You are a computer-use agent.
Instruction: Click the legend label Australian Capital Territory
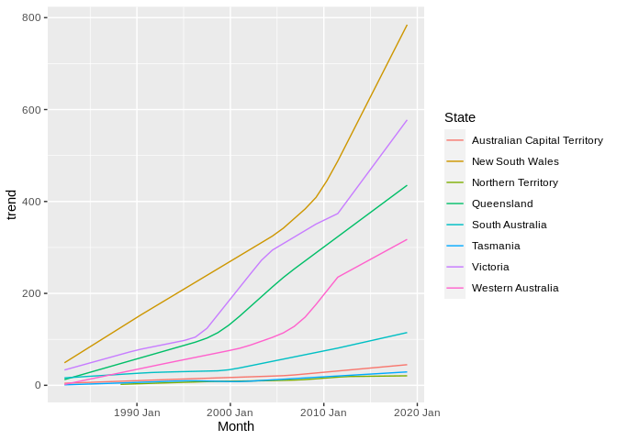537,140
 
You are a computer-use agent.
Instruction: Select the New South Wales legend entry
515,161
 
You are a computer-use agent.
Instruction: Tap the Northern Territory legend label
513,182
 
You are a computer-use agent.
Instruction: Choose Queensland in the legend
502,203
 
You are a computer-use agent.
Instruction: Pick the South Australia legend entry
509,225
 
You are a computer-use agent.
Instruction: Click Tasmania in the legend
496,246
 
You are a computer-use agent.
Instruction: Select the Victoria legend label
490,267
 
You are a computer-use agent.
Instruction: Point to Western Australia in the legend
515,288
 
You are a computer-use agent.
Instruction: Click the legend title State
459,117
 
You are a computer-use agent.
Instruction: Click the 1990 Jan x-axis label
137,412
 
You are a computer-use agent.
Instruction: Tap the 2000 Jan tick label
230,412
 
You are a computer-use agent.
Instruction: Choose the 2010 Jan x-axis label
323,412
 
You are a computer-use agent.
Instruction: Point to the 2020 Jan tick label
417,412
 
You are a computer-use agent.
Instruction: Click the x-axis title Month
236,426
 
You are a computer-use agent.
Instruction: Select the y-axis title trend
11,205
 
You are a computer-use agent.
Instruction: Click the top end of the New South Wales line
407,26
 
